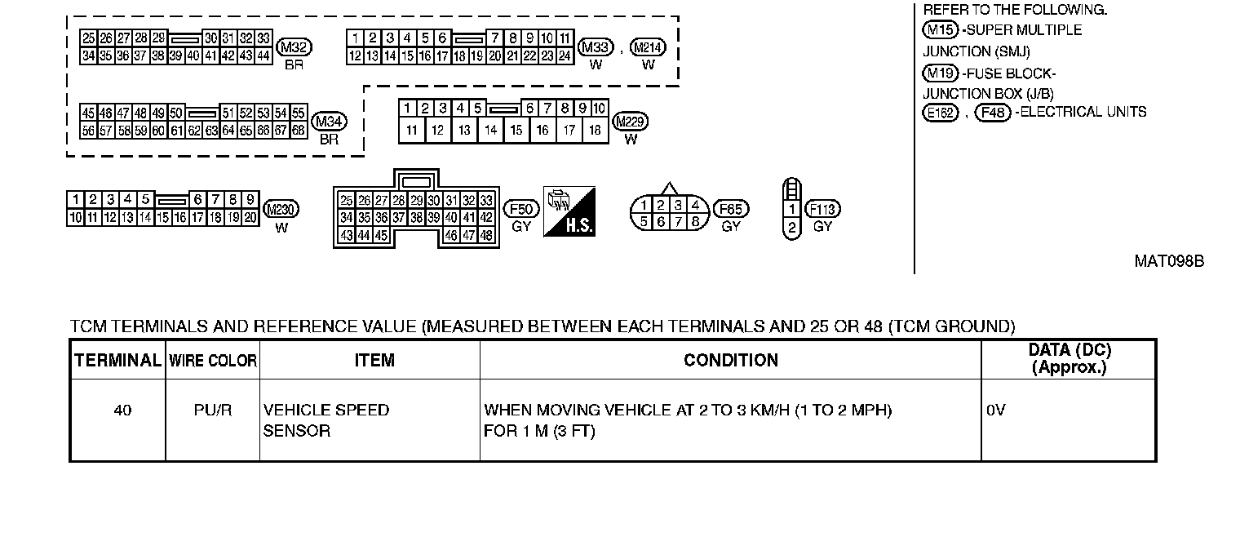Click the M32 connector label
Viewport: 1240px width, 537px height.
[294, 47]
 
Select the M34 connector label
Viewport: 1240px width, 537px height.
[330, 122]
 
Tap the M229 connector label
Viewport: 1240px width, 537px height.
[630, 122]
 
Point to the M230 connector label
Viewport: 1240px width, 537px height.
[281, 209]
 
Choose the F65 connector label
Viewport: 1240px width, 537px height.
[730, 209]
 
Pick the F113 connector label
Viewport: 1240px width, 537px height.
[822, 209]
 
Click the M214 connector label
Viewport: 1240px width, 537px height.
[649, 47]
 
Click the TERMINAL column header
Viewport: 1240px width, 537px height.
[117, 360]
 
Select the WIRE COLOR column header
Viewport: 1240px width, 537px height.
[213, 360]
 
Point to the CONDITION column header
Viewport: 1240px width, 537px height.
[730, 360]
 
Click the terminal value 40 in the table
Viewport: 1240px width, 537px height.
[122, 411]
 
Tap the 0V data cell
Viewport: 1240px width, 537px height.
[996, 411]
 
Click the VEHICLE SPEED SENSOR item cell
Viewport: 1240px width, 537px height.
[325, 420]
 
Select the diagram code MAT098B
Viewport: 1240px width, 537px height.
[1169, 261]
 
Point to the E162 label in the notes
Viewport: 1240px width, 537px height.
[941, 113]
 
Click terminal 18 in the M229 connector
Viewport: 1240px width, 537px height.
[595, 130]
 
